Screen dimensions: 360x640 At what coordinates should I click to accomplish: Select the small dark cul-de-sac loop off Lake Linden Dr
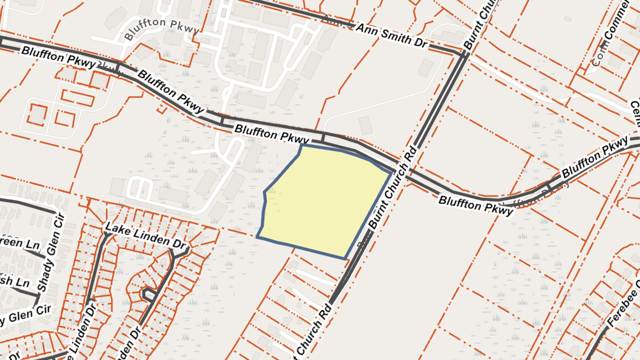(148, 293)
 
